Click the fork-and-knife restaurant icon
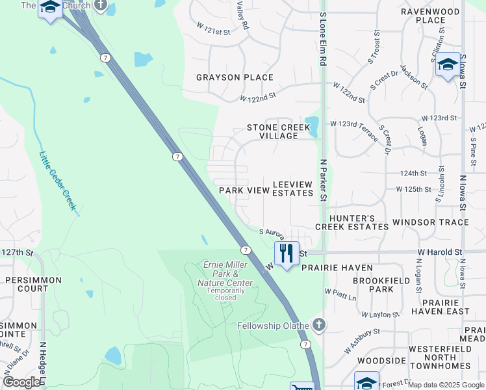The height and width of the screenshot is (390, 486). tap(286, 252)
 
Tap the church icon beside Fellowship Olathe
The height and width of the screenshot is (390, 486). tap(318, 324)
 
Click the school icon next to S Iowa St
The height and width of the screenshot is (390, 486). tap(447, 65)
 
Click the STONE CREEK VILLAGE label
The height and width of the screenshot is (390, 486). tap(278, 133)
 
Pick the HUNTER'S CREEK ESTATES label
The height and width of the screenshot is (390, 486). tap(352, 222)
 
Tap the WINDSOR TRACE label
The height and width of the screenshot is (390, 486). tap(435, 222)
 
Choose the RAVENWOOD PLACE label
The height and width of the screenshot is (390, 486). tap(431, 16)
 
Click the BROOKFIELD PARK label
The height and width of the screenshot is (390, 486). tap(373, 284)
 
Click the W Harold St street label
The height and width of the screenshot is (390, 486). tap(439, 252)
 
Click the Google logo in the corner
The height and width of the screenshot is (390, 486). tap(21, 382)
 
